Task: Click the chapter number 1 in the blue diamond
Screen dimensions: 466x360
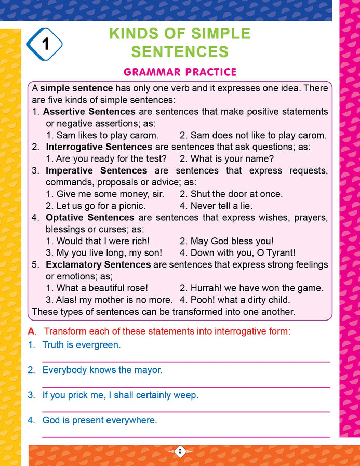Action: (45, 44)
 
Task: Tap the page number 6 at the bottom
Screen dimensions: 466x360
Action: (179, 451)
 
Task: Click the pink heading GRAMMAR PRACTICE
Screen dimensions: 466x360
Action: (180, 72)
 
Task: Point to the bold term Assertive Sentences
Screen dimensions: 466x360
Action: (89, 112)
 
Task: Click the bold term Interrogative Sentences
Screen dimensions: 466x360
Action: (99, 147)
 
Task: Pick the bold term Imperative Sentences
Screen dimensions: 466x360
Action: (96, 170)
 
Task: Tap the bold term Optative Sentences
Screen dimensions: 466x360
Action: (89, 217)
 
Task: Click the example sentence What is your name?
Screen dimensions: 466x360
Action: (226, 158)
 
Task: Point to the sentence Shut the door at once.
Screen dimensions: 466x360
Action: (231, 194)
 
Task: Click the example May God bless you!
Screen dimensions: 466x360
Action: (226, 241)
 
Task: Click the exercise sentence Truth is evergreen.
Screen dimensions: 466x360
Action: (81, 344)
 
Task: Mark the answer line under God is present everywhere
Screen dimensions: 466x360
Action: (185, 437)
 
